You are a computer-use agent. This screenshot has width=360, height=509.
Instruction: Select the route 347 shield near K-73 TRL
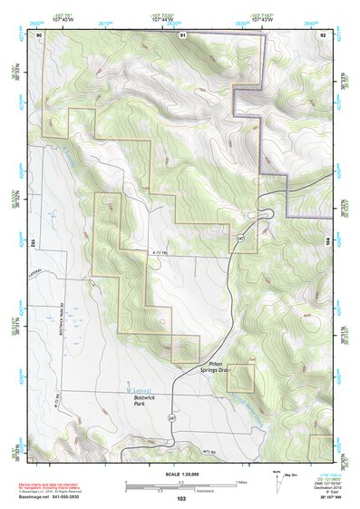[x=240, y=237]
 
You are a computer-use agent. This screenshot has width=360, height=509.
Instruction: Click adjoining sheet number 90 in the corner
[x=39, y=34]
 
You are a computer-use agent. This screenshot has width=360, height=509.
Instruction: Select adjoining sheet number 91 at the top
[x=181, y=34]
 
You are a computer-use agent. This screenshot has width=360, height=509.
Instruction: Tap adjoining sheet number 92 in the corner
[x=323, y=34]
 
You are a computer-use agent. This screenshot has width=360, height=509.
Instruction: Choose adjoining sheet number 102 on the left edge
[x=32, y=243]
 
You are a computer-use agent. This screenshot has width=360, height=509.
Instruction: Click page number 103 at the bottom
[x=180, y=499]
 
